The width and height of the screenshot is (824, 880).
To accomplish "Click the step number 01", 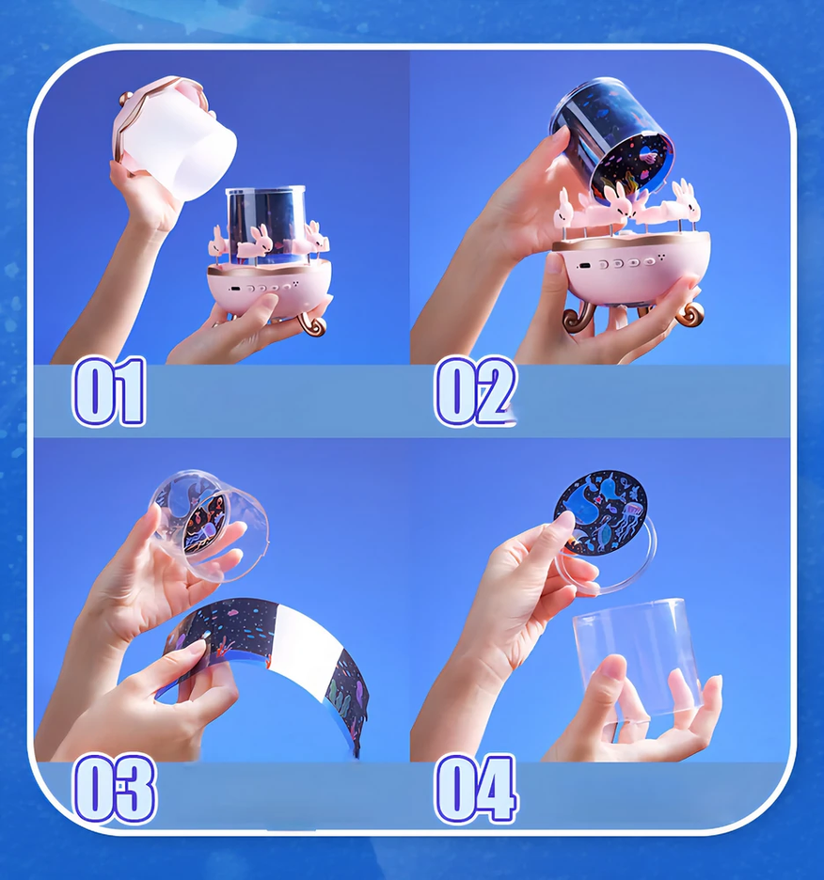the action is (109, 392).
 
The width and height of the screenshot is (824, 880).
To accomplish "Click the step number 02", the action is (475, 392).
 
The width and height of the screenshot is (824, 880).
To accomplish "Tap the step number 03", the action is (115, 789).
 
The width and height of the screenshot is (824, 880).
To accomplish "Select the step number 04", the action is (476, 789).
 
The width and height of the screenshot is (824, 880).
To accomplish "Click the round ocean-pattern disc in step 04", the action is (601, 511).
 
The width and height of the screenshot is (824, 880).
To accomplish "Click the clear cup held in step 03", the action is (209, 525).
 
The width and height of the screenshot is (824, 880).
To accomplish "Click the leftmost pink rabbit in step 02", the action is (564, 211).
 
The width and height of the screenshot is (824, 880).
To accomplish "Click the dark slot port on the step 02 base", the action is (585, 266).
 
